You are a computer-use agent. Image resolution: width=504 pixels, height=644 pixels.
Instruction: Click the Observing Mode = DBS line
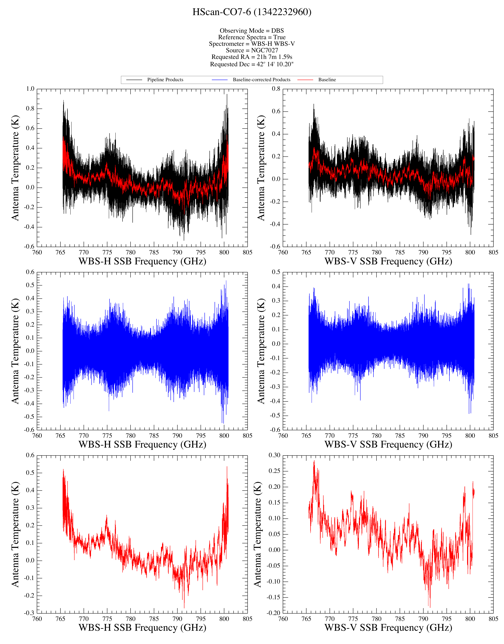[x=252, y=31]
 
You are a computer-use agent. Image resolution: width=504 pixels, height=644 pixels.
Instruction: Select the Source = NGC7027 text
[x=252, y=50]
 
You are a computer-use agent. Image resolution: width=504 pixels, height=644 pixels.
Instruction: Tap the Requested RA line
[x=252, y=57]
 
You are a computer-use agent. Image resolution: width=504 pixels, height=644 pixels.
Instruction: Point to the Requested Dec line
[x=252, y=64]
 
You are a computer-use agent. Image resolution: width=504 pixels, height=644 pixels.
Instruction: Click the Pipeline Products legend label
[x=165, y=80]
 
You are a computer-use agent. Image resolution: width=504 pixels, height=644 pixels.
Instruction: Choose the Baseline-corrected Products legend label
[x=261, y=80]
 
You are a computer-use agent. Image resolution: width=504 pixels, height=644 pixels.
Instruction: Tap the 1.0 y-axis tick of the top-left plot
[x=30, y=89]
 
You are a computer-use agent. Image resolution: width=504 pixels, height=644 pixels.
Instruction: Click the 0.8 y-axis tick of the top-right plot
[x=276, y=89]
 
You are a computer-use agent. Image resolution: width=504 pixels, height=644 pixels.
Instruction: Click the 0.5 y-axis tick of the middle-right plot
[x=276, y=272]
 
